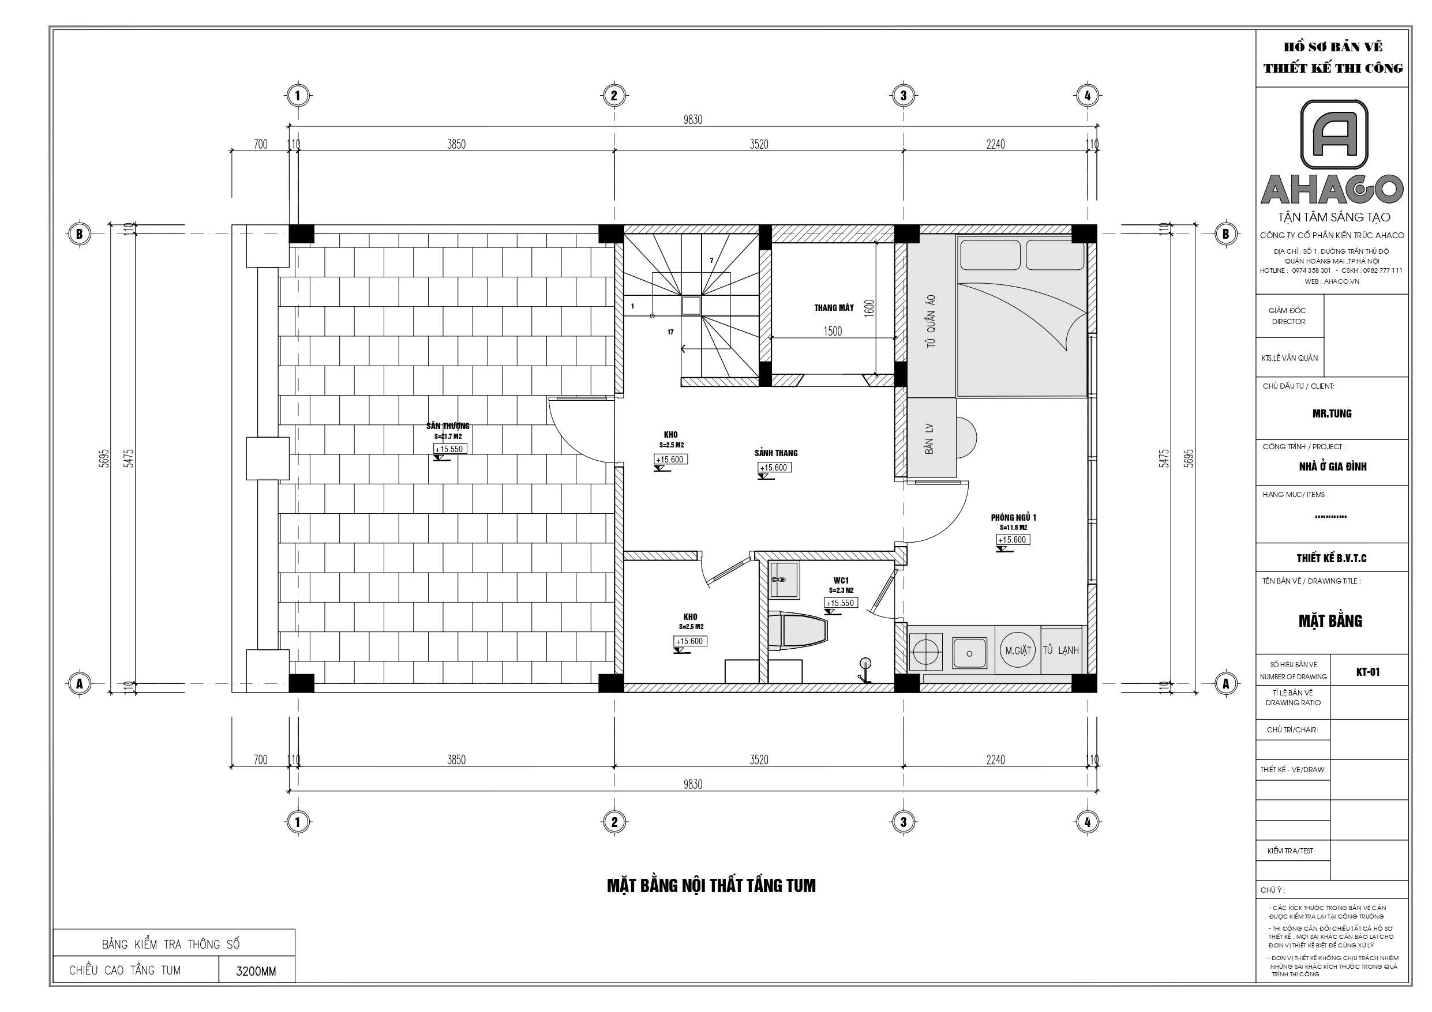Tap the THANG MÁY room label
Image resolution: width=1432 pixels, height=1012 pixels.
click(x=833, y=307)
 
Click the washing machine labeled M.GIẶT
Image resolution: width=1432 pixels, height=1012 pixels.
click(x=1018, y=650)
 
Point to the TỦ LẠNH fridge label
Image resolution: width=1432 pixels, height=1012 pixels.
click(x=1060, y=650)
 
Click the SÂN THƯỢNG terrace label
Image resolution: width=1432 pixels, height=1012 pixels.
click(x=448, y=426)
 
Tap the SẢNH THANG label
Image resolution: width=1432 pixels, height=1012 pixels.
click(x=776, y=453)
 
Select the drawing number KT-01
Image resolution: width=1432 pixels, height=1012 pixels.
click(x=1368, y=672)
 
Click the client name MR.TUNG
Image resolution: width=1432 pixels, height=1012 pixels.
click(x=1332, y=413)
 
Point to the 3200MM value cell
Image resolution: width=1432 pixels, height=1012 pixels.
click(x=256, y=971)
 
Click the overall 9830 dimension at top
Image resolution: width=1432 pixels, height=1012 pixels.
click(x=692, y=120)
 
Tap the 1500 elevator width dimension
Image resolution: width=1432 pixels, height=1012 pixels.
click(x=833, y=331)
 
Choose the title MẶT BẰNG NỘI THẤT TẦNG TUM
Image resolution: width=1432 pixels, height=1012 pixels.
click(x=711, y=885)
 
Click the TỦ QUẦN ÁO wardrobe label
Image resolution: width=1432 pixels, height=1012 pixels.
click(x=931, y=321)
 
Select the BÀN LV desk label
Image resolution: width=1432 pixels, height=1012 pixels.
click(x=929, y=438)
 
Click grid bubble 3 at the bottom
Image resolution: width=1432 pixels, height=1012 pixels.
click(x=903, y=822)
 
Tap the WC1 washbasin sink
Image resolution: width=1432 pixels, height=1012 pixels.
click(x=783, y=580)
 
